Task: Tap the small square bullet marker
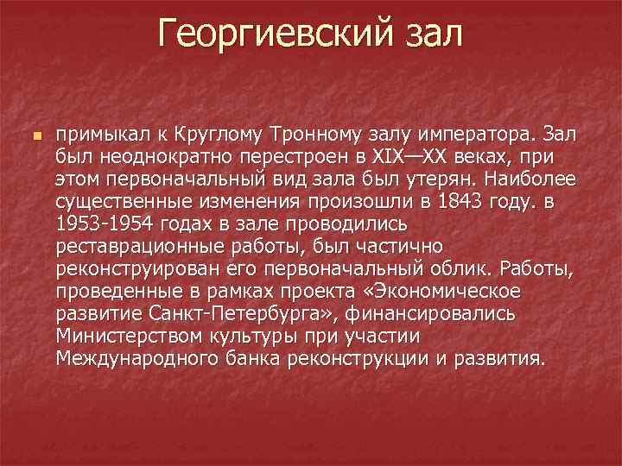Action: click(35, 137)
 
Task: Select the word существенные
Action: click(119, 203)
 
